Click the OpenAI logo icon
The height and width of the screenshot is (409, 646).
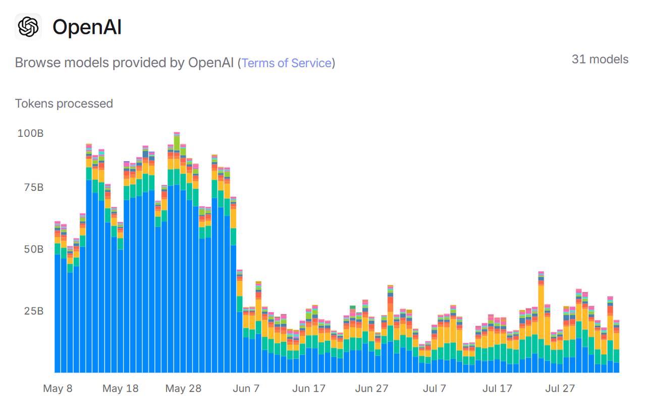(28, 26)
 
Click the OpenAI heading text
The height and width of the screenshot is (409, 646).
(87, 27)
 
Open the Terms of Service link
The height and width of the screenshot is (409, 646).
(287, 63)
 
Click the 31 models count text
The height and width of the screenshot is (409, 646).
(600, 59)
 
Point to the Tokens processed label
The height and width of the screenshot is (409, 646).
(64, 104)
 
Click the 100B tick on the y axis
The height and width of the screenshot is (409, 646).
(30, 133)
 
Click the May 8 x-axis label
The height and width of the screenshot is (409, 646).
(58, 388)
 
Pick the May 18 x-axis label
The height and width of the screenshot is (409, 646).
(120, 388)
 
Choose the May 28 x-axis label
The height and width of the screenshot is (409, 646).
(183, 388)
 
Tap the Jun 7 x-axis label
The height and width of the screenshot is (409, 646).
(246, 388)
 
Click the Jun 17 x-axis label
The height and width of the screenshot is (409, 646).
(309, 388)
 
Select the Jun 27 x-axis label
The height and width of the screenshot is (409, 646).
(371, 388)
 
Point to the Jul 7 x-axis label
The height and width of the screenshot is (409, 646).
(435, 388)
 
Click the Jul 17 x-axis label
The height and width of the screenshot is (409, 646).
(497, 388)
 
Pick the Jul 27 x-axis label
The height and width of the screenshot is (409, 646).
(560, 388)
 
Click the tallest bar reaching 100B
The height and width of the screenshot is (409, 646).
(177, 252)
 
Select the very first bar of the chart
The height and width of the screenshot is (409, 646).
(58, 303)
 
